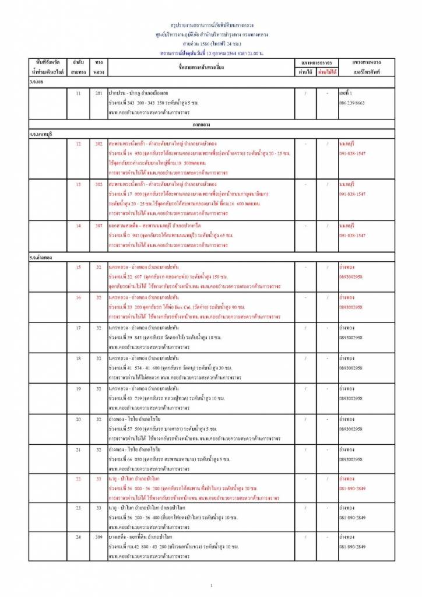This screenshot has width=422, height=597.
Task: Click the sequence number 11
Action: point(78,93)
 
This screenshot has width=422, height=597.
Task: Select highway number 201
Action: point(99,93)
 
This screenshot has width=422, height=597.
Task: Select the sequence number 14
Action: point(78,225)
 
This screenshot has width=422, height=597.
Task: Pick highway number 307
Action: point(99,225)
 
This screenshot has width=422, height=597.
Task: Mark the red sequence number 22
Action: point(78,478)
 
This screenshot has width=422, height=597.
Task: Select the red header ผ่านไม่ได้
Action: point(327,73)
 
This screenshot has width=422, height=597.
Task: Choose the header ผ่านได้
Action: point(304,73)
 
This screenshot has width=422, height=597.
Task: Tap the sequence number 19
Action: point(78,388)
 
